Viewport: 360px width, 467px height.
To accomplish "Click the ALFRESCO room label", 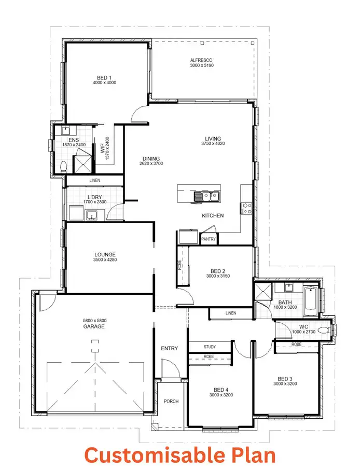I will click(x=202, y=60).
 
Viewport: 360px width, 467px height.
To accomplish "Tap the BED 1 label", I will click(x=104, y=77).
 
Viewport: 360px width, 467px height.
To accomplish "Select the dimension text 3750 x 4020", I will click(x=213, y=145).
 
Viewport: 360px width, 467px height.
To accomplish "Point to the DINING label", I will click(x=151, y=158).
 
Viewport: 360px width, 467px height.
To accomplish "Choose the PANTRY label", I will click(x=209, y=239).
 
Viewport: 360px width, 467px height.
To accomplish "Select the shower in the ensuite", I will click(x=82, y=163).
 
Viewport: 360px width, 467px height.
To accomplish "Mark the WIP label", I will click(x=102, y=148).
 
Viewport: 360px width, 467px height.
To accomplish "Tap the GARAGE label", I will click(x=94, y=327).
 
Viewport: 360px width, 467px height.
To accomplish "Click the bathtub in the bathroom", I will click(x=311, y=301).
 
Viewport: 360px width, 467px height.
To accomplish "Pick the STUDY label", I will click(x=210, y=347).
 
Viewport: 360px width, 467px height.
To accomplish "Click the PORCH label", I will click(x=171, y=401).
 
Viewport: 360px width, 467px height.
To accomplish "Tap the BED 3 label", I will click(x=285, y=378).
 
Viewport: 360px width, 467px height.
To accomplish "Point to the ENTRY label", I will click(x=170, y=348).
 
